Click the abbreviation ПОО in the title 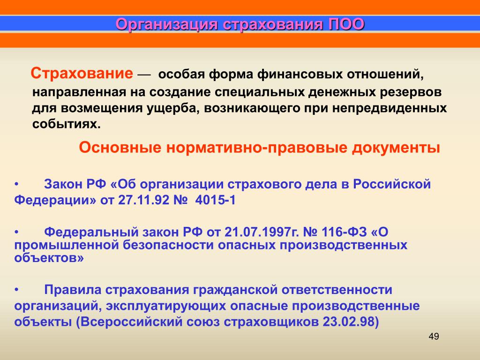pos(346,24)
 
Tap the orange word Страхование pos(82,74)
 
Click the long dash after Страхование pos(144,75)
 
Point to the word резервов pos(411,92)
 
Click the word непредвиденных pos(390,109)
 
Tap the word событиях pos(66,124)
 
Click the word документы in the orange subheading pos(396,148)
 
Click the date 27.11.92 pos(143,201)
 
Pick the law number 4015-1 pos(216,201)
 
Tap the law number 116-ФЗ pos(344,232)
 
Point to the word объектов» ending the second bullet pos(49,258)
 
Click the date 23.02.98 pos(348,322)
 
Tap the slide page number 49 pos(434,337)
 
